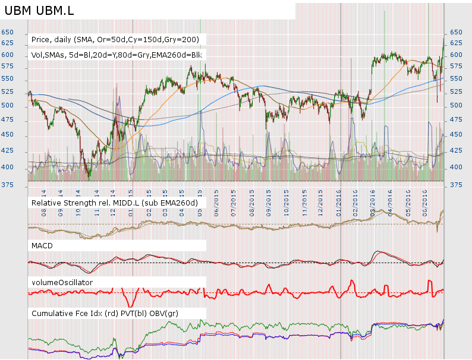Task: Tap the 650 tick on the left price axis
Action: click(8, 32)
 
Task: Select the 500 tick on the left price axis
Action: click(8, 105)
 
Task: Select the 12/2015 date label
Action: click(321, 198)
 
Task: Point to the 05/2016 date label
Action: click(408, 198)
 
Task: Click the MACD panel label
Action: click(43, 245)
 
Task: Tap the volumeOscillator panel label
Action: click(62, 282)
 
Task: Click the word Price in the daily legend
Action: click(41, 39)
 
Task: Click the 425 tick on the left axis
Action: click(8, 150)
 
